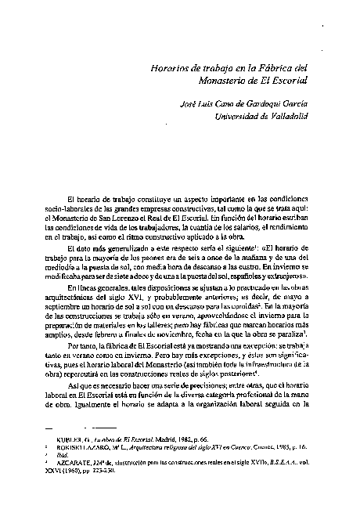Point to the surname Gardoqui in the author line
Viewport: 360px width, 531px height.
tap(270, 103)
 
